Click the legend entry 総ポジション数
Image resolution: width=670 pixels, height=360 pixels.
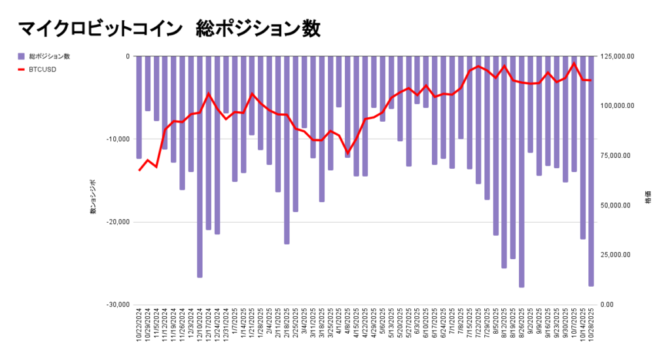point(49,56)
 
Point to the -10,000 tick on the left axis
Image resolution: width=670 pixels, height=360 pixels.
point(119,139)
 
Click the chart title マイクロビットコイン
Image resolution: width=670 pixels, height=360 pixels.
point(97,29)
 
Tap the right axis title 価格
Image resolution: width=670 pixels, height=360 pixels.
point(648,196)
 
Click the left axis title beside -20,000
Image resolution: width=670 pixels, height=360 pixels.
point(93,196)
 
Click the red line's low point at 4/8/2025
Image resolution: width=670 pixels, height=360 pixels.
point(347,153)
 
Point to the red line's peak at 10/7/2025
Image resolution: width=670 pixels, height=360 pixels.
point(574,63)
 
